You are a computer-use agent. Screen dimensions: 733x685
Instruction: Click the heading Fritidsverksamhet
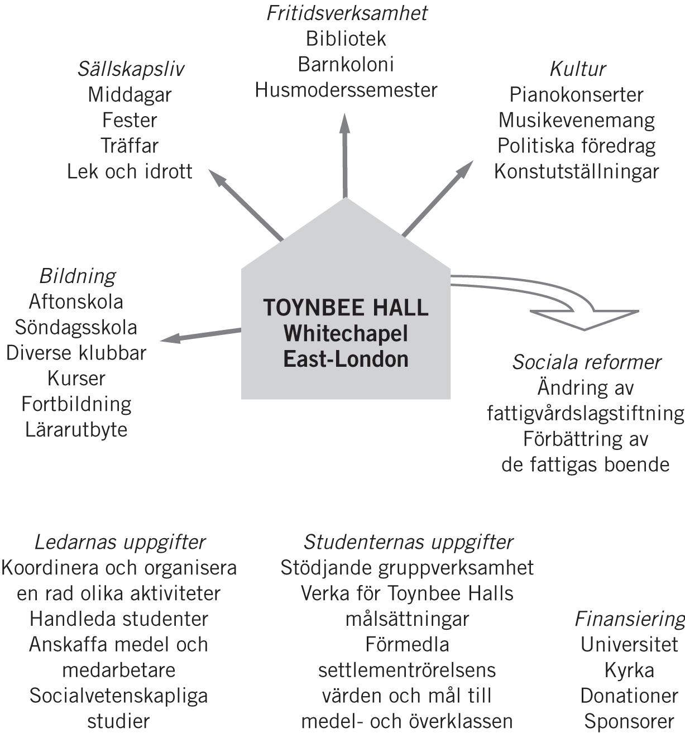point(346,13)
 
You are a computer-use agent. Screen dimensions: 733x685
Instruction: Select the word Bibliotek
point(346,39)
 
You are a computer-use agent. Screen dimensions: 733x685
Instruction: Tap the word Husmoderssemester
point(346,90)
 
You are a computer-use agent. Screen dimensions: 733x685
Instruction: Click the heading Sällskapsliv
point(130,69)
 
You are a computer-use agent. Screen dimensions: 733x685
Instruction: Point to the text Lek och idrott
point(130,171)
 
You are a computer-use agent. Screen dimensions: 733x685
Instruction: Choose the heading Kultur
point(577,69)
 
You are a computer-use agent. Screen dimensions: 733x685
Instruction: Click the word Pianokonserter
point(577,94)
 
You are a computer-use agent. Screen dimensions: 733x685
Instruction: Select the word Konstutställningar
point(577,171)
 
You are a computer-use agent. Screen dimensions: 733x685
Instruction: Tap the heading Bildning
point(77,276)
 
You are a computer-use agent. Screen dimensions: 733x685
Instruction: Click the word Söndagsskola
point(76,327)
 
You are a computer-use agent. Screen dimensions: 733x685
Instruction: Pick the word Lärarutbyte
point(76,430)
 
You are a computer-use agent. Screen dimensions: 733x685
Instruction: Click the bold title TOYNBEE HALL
point(346,308)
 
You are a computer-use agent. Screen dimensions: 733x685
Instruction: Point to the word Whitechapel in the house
point(346,334)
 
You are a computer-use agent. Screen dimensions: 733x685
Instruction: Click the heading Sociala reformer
point(586,362)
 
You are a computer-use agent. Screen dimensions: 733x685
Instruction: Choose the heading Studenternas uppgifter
point(408,542)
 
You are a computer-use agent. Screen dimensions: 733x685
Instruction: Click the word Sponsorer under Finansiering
point(629,721)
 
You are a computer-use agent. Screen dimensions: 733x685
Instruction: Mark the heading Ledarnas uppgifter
point(119,542)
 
